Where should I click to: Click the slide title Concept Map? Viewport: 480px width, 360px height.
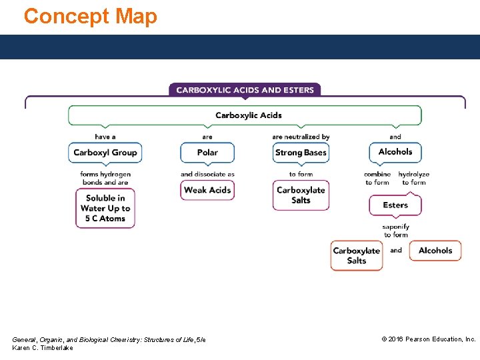point(91,16)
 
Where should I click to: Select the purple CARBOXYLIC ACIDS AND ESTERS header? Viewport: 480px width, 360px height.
point(245,90)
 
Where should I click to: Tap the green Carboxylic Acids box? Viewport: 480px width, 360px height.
point(245,115)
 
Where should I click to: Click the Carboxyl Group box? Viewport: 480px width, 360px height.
point(105,153)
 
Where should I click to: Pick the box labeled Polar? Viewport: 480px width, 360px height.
point(207,153)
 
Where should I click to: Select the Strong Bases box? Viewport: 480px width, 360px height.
point(301,153)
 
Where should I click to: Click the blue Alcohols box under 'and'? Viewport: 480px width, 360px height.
point(395,152)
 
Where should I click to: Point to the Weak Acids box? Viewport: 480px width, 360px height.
point(207,190)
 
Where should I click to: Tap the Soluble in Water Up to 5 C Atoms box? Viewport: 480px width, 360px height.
point(105,208)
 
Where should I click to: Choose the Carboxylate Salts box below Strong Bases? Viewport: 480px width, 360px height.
point(301,195)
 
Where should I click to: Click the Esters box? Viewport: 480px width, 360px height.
point(395,205)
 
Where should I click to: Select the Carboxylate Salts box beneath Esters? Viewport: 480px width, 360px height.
point(357,255)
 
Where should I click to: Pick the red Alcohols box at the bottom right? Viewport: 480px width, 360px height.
point(435,251)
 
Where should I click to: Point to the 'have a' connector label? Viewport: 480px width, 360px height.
point(105,137)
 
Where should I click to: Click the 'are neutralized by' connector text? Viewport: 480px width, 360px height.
point(301,137)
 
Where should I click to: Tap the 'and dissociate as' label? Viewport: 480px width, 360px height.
point(207,175)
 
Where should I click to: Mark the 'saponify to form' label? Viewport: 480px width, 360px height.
point(395,231)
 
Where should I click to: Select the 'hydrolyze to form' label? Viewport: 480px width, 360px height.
point(414,178)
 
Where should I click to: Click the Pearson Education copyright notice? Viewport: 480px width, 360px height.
point(428,339)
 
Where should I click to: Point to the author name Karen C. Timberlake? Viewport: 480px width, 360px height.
point(43,348)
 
